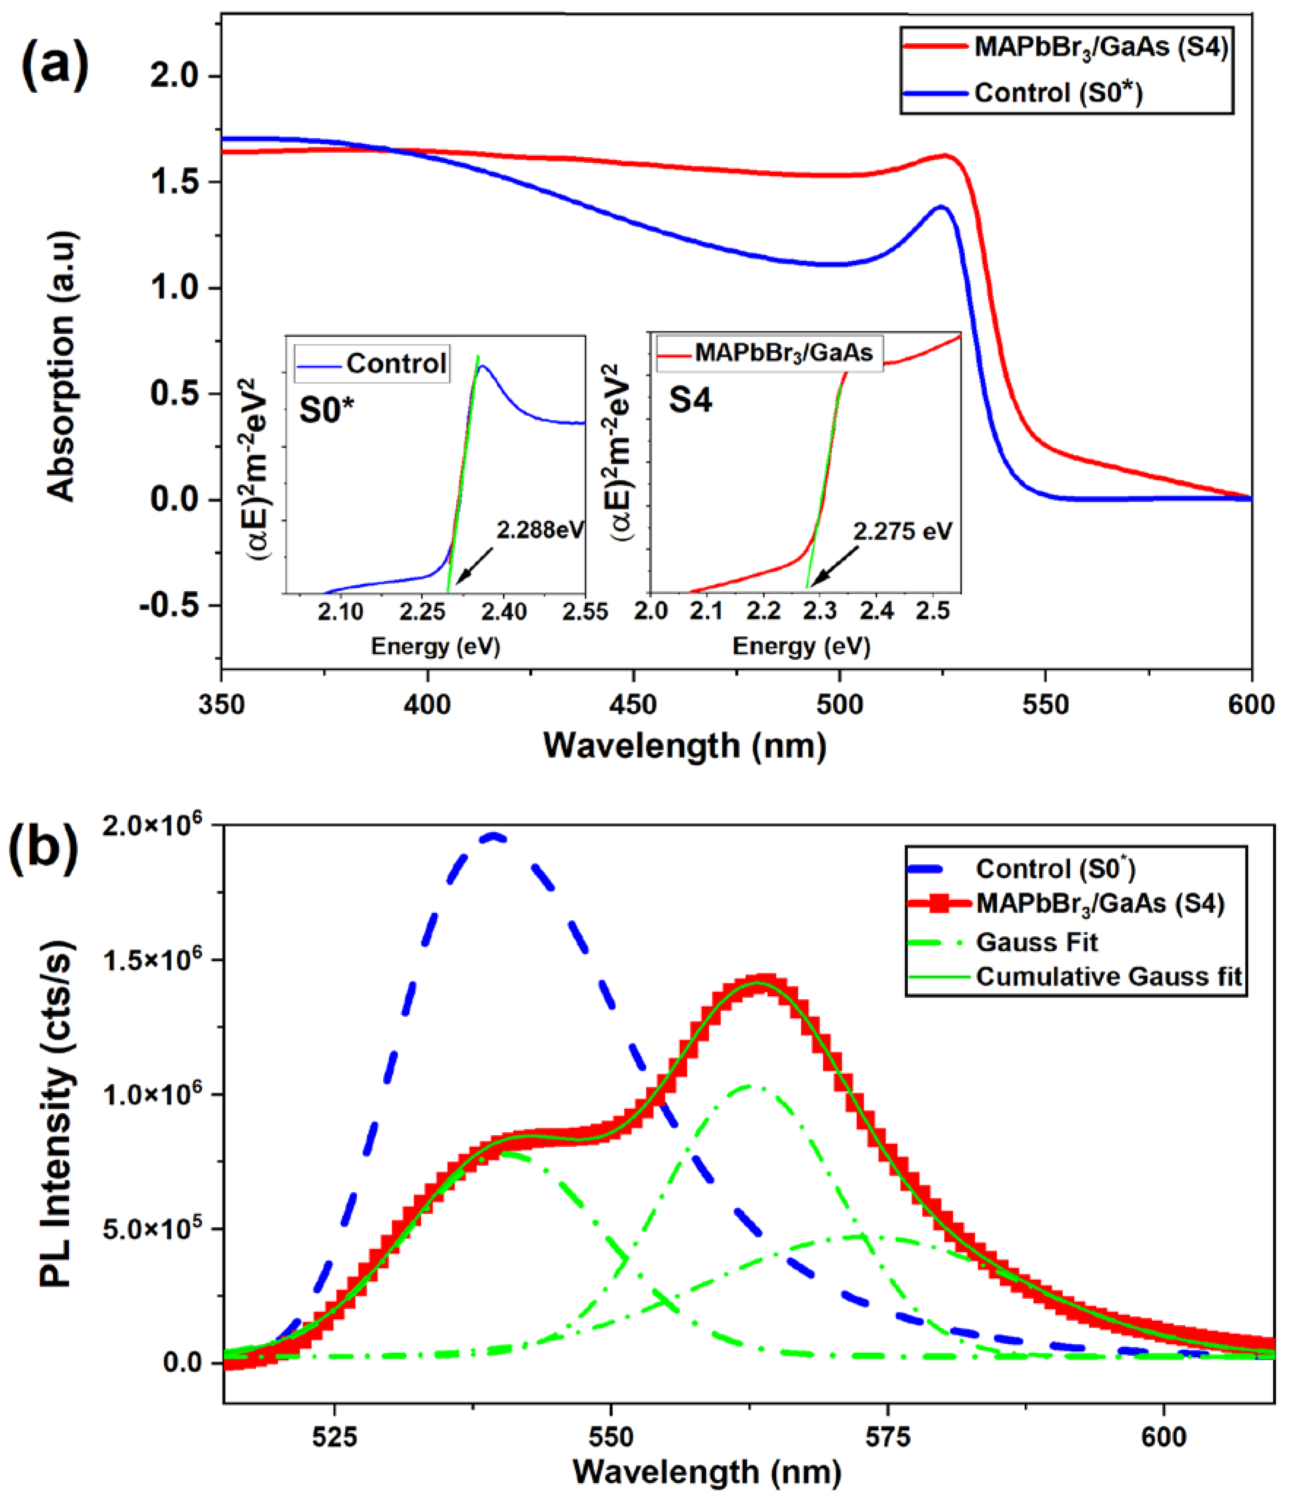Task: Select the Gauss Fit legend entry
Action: tap(1036, 943)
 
